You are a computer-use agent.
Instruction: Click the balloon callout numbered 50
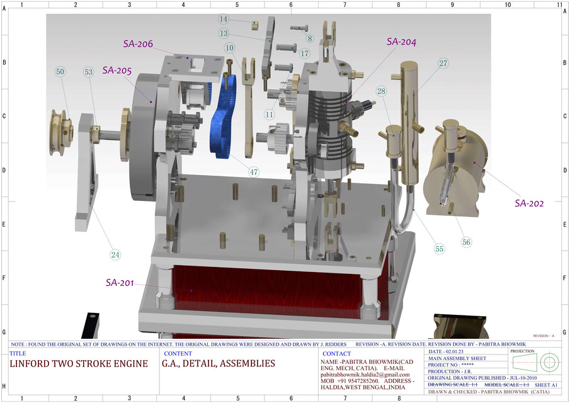coord(60,72)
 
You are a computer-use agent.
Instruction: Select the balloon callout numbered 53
coord(89,72)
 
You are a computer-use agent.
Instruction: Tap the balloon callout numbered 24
coord(115,254)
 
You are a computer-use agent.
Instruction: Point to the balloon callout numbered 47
coord(254,171)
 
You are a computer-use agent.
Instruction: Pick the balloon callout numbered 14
coord(224,19)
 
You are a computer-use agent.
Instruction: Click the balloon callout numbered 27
coord(443,63)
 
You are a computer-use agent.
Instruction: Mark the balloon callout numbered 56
coord(466,242)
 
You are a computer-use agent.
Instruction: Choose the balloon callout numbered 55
coord(439,249)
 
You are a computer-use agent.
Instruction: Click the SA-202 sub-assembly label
coord(529,203)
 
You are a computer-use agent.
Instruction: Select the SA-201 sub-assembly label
coord(120,282)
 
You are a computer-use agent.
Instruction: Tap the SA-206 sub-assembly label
coord(137,43)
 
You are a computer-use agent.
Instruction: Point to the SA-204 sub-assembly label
coord(401,42)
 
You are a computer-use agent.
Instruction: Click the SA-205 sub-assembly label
coord(117,71)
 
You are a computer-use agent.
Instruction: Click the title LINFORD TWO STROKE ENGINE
coord(79,364)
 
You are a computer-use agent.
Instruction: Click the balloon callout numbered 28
coord(381,91)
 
